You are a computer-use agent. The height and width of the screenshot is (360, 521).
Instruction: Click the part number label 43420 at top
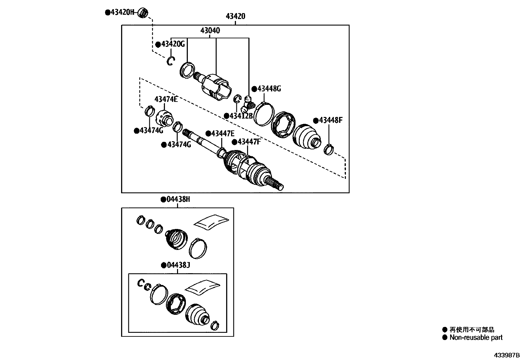click(x=235, y=16)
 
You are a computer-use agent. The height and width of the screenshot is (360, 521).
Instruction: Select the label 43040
click(x=210, y=31)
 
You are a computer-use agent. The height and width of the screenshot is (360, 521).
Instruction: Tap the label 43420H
click(x=122, y=12)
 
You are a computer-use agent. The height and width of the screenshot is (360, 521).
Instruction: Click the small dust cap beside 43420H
click(x=143, y=13)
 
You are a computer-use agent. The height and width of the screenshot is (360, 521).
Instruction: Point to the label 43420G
click(x=172, y=44)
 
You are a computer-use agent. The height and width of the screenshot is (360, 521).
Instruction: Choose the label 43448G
click(x=269, y=89)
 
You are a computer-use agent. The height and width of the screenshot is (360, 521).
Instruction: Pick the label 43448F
click(x=330, y=121)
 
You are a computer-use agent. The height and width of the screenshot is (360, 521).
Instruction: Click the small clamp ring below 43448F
click(x=328, y=150)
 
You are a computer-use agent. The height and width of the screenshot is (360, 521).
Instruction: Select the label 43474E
click(x=166, y=99)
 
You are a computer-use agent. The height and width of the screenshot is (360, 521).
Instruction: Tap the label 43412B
click(x=241, y=116)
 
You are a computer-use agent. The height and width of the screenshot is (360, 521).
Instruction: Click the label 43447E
click(x=223, y=133)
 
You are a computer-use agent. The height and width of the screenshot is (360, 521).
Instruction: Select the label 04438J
click(x=178, y=265)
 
